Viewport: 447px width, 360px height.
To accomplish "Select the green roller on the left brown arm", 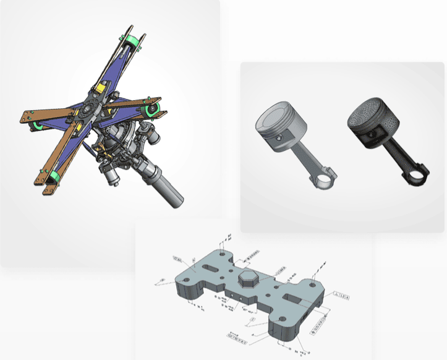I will point(37,126).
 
